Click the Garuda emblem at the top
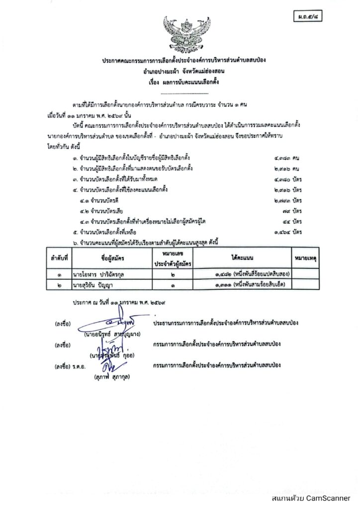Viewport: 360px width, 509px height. [187, 34]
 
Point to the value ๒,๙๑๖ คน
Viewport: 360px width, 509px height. [289, 169]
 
